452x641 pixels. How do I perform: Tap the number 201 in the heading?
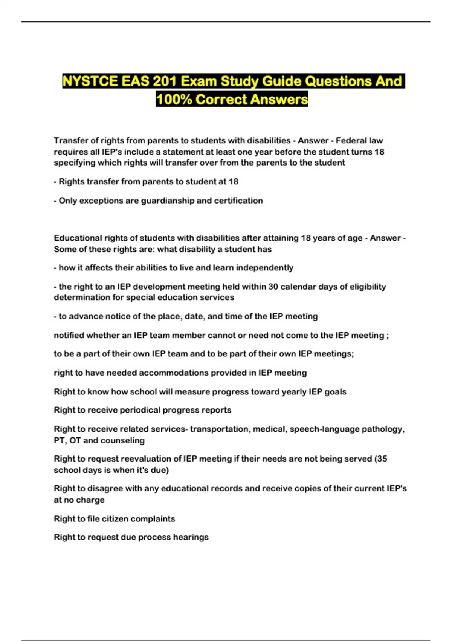click(x=164, y=81)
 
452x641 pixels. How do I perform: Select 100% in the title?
click(x=174, y=100)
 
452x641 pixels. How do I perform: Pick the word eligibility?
click(x=368, y=287)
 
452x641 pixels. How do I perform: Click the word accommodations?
click(x=173, y=373)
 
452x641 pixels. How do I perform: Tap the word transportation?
click(x=220, y=429)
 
